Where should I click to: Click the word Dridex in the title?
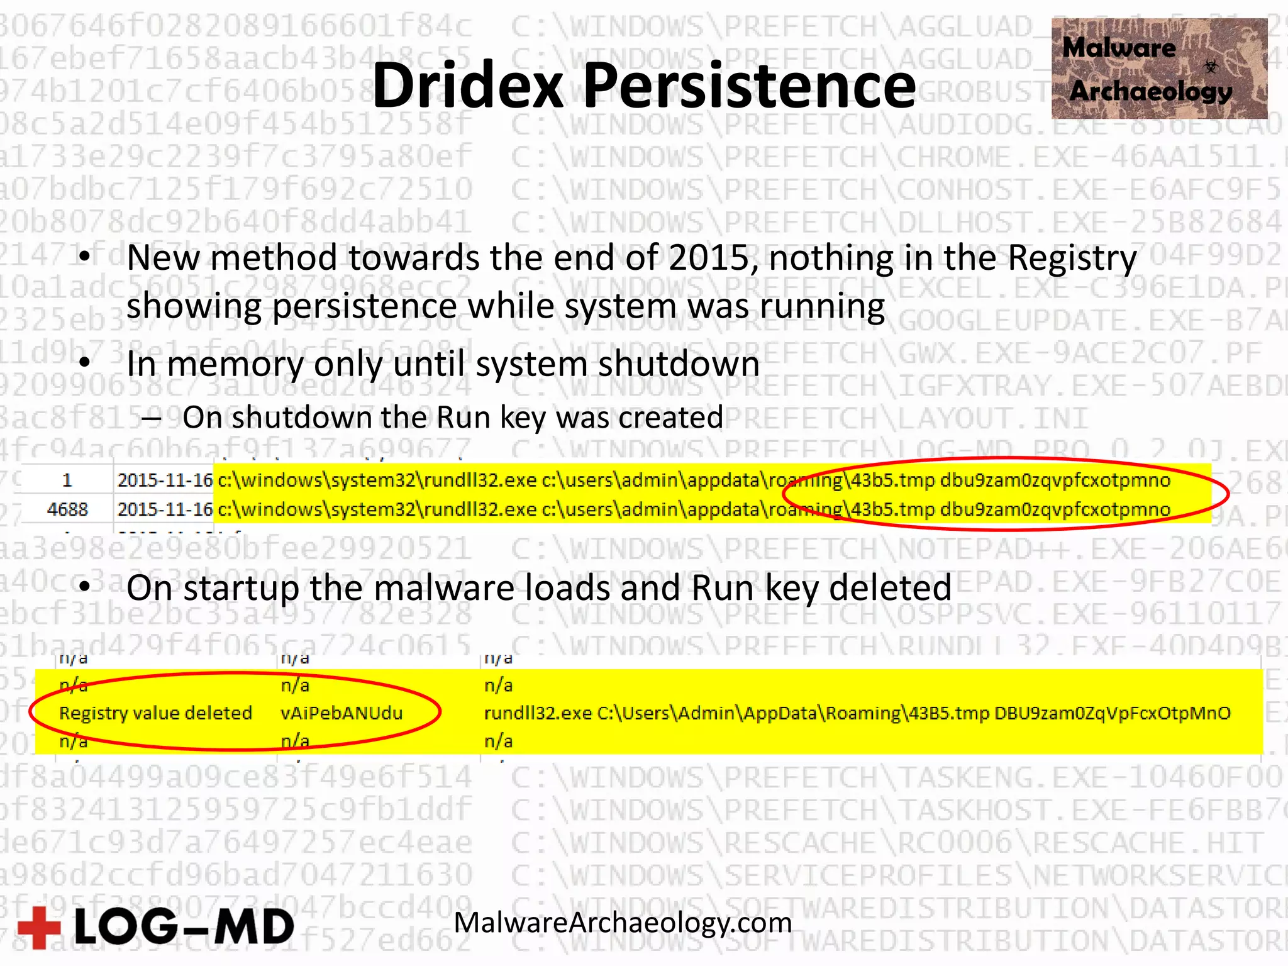468,86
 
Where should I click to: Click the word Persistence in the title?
749,86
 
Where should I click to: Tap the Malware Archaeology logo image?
1159,69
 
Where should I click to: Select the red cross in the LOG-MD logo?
39,927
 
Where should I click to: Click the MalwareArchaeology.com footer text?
623,923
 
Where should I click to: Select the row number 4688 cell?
67,509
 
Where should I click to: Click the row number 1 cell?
67,480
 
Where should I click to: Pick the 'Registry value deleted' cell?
155,713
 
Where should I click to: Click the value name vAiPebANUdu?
341,713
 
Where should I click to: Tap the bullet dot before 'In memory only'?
86,362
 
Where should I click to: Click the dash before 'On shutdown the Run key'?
152,418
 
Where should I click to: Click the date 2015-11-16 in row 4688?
165,509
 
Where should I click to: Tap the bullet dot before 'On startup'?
86,586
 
